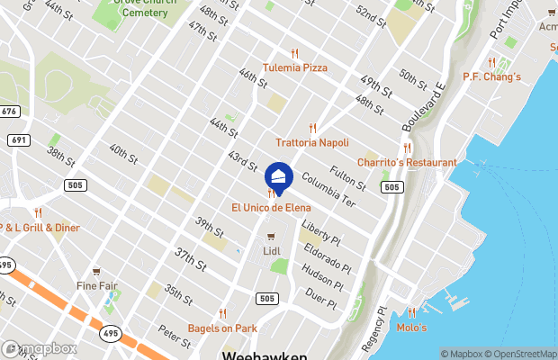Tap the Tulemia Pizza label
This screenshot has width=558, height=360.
click(294, 67)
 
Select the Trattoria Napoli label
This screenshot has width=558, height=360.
click(312, 143)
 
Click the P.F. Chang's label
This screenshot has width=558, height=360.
click(491, 76)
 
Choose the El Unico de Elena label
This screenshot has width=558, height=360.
click(271, 208)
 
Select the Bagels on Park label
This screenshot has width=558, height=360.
click(222, 328)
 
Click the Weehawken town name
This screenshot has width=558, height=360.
click(265, 355)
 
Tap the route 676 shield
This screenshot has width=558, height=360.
click(10, 111)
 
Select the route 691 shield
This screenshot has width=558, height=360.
click(17, 140)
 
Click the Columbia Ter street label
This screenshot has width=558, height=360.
click(328, 191)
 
